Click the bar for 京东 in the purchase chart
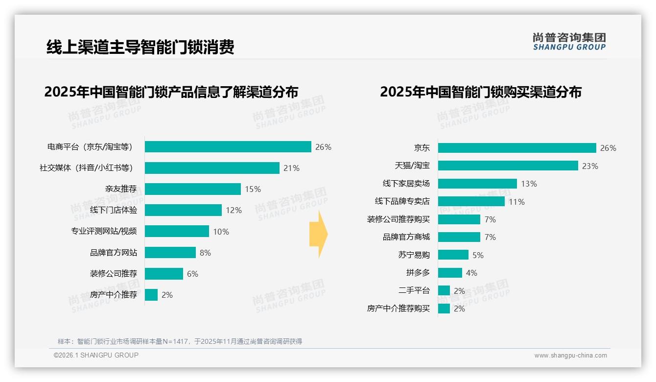click(516, 148)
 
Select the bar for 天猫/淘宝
click(508, 166)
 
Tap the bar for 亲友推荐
click(193, 189)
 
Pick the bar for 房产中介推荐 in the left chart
click(151, 295)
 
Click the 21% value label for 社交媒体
click(291, 168)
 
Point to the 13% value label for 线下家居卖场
click(529, 184)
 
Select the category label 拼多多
click(418, 273)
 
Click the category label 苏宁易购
click(414, 255)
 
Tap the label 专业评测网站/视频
click(104, 231)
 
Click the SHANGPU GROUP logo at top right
click(569, 41)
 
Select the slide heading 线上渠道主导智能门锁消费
click(140, 47)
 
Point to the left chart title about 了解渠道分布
click(171, 92)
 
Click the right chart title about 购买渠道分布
click(480, 92)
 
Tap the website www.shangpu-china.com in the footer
click(570, 356)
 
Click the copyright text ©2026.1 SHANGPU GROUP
click(96, 355)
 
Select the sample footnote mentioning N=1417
click(180, 341)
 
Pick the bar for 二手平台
click(444, 290)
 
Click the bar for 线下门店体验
click(183, 210)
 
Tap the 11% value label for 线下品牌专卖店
click(516, 202)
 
